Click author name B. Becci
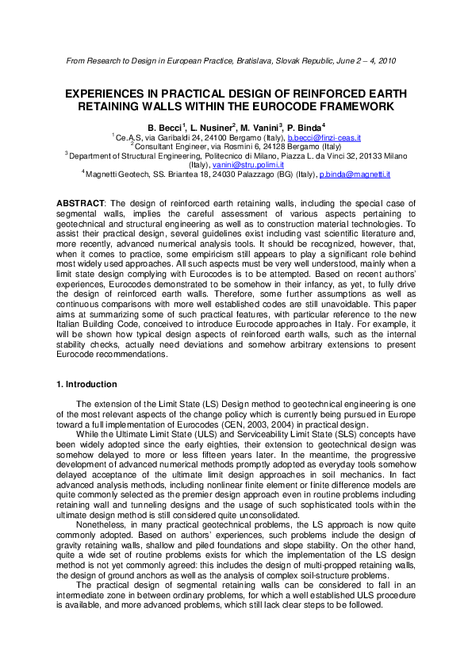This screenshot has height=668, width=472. pyautogui.click(x=165, y=127)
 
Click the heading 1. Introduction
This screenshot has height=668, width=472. pyautogui.click(x=87, y=384)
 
